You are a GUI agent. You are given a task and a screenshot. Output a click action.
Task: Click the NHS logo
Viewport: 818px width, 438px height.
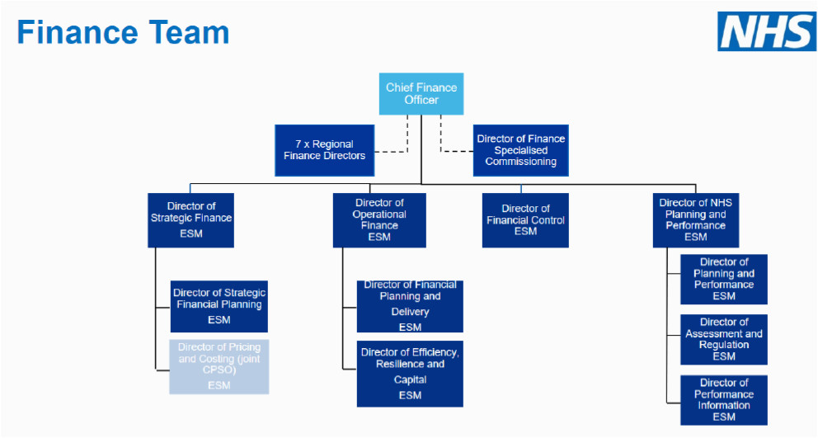766,31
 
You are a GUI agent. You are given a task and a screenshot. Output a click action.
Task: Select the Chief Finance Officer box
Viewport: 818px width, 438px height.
421,94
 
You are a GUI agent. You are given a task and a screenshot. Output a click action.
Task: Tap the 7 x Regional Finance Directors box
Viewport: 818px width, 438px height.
325,150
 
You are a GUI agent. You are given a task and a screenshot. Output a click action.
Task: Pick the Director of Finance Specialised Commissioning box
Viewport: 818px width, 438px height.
520,150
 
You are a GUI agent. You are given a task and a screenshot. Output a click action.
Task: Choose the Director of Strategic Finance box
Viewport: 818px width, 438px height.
191,220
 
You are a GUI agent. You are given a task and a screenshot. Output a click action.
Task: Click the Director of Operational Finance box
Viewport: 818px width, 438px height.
379,220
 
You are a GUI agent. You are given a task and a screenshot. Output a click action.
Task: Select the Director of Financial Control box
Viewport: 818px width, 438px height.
525,220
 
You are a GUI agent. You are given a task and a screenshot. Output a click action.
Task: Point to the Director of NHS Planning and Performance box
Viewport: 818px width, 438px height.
696,220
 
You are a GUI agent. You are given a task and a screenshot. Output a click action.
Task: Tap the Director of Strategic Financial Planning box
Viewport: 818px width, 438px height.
219,307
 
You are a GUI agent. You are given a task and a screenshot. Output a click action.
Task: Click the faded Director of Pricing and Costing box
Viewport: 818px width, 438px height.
219,366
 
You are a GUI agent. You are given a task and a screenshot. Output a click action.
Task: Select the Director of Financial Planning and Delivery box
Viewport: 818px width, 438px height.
410,307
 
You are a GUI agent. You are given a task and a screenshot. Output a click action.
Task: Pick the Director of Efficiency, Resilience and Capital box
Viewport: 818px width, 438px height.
410,374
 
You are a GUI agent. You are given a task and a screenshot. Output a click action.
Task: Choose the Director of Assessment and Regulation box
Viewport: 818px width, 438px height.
724,339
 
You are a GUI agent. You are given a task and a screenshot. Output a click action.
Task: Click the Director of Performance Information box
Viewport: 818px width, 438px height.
724,400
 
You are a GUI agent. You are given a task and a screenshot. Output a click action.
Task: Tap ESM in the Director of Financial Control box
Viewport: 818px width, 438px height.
525,231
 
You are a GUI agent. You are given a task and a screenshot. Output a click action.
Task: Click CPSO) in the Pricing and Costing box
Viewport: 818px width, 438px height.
219,370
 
